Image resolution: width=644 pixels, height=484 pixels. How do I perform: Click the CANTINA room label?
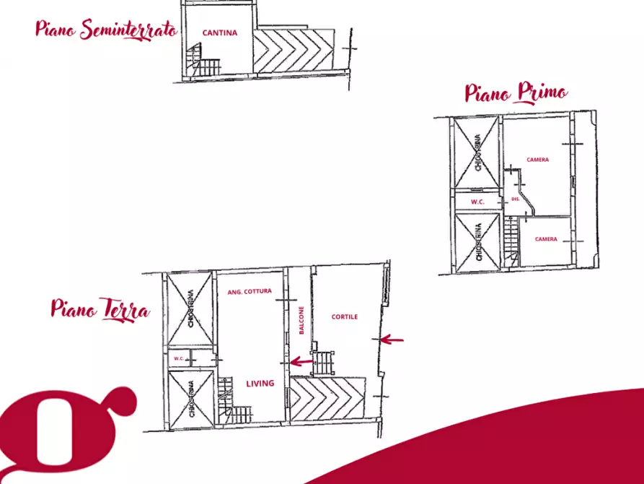coord(220,33)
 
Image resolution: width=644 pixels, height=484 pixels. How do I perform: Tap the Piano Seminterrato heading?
coord(107,30)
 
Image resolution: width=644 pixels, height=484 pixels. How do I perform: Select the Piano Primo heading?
coord(516,92)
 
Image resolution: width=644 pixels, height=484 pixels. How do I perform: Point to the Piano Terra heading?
coord(100,309)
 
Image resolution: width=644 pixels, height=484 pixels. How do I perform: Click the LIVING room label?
coord(260,384)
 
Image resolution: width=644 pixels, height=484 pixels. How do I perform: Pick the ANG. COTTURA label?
coord(250,291)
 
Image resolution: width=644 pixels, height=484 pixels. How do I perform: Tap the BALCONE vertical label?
coord(301,320)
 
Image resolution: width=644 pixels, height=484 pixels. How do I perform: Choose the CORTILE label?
coord(345,316)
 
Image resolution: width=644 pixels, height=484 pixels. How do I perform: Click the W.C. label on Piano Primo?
coord(477,202)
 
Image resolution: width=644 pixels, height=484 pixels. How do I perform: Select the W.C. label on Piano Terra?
coord(179,358)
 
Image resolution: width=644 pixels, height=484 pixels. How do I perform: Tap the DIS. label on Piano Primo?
coord(516,199)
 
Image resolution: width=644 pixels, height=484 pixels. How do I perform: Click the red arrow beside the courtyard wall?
coord(392,340)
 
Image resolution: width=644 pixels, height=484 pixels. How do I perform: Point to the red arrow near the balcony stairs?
coord(301,362)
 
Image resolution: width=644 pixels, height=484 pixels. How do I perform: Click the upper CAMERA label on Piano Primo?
coord(537,160)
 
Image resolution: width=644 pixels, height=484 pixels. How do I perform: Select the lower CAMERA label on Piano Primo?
coord(546,238)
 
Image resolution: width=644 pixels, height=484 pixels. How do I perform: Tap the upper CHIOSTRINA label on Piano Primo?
coord(477,152)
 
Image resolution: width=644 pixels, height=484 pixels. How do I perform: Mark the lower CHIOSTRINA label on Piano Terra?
coord(191,399)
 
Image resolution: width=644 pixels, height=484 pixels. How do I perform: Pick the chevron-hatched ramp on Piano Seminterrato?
coord(294,51)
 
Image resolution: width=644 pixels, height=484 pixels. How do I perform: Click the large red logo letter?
coord(61,432)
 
